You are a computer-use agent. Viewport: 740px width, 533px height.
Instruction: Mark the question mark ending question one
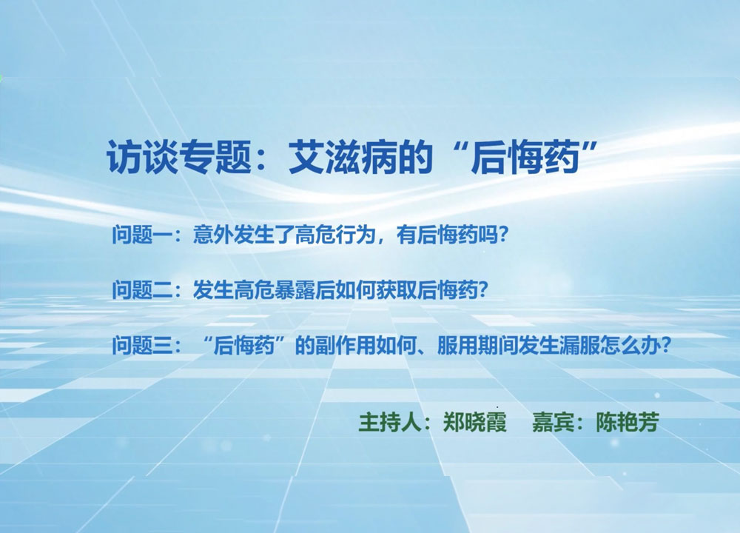tap(502, 235)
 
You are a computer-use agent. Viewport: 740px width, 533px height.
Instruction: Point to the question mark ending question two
tap(482, 290)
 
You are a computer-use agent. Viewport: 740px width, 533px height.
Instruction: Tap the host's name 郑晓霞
tap(475, 421)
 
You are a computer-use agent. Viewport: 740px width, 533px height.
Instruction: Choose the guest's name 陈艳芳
tap(628, 421)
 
